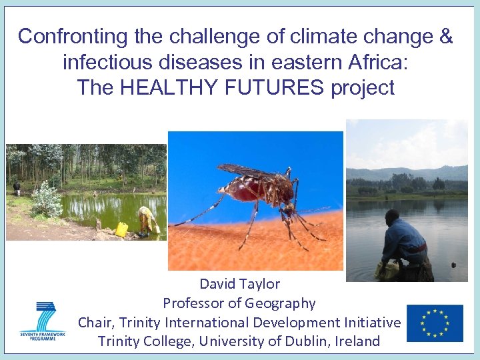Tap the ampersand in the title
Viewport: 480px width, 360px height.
446,37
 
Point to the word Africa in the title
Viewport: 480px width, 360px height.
385,62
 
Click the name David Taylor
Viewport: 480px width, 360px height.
239,284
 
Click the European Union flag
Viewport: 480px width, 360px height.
435,323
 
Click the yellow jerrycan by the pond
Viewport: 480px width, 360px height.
121,229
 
